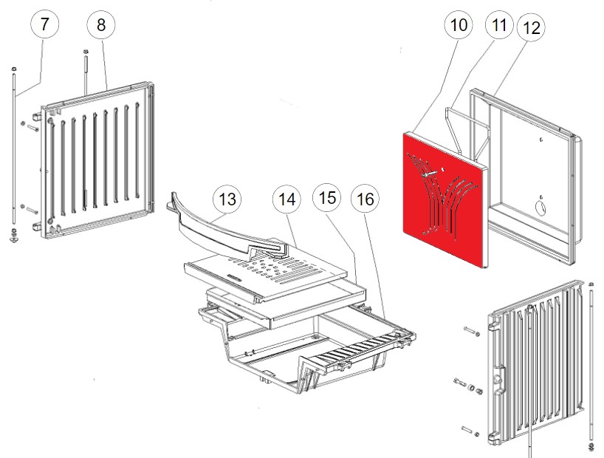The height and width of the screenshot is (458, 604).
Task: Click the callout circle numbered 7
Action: click(x=45, y=24)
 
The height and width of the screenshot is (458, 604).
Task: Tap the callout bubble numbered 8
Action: click(x=101, y=24)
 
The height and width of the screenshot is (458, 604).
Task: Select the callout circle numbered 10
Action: click(x=459, y=24)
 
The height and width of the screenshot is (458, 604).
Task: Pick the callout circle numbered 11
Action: click(x=499, y=24)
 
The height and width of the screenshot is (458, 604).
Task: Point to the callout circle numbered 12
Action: click(x=531, y=27)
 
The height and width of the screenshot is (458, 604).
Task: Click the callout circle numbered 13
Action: click(x=227, y=199)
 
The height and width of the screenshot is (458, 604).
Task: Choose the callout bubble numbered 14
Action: click(x=287, y=199)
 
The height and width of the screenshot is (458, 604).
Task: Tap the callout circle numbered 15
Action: click(x=326, y=198)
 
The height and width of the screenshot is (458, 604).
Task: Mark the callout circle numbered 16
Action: click(x=366, y=199)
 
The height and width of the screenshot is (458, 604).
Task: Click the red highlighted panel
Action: click(x=445, y=199)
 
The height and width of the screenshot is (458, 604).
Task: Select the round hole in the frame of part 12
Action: click(x=540, y=208)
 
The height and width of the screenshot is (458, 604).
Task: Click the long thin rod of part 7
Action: click(x=14, y=146)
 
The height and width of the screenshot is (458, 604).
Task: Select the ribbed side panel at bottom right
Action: click(x=535, y=363)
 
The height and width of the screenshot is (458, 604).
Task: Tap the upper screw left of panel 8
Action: click(x=30, y=126)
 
